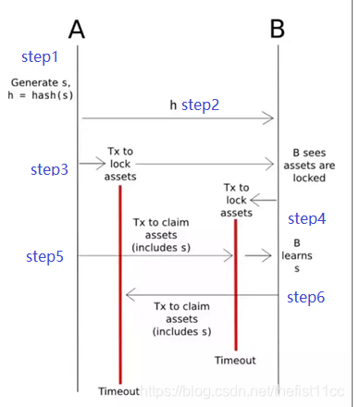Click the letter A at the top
[77, 29]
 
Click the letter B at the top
[277, 29]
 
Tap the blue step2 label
[200, 105]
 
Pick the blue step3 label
[49, 169]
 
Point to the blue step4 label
[307, 218]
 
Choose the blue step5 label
[44, 255]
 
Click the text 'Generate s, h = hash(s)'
[39, 89]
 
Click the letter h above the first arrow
[173, 105]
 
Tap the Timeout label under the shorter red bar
[235, 360]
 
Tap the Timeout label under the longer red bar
[119, 390]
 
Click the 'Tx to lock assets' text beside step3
[121, 165]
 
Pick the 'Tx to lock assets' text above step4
[236, 199]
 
